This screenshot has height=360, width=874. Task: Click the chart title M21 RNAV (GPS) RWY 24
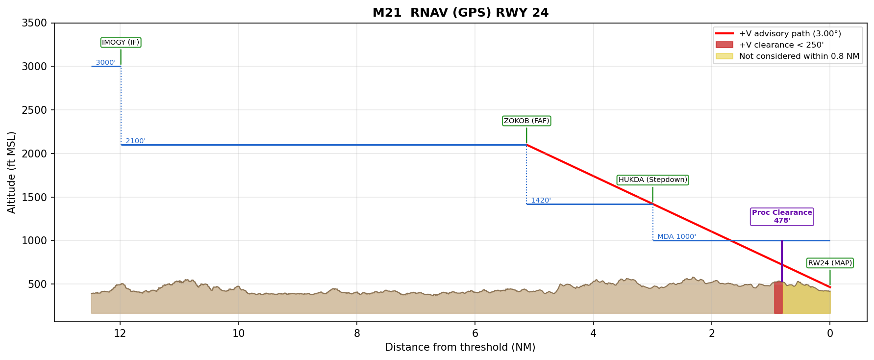point(460,13)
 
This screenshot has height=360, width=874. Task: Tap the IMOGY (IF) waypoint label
point(121,43)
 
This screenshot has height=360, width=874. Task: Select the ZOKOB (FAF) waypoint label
point(526,121)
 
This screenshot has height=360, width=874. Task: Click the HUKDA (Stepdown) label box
point(652,180)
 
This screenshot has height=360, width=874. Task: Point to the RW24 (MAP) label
point(830,263)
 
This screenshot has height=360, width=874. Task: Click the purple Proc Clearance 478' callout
point(782,216)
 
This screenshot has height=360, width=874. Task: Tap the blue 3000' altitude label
point(105,63)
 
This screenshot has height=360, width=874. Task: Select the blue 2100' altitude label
point(135,141)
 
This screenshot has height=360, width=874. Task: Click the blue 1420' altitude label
point(541,201)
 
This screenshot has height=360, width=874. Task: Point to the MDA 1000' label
point(676,237)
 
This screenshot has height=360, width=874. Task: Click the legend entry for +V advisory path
point(790,34)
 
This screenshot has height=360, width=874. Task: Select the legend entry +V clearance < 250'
point(781,45)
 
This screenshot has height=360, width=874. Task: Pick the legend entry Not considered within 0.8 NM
point(799,56)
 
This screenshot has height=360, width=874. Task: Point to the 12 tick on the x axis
point(120,334)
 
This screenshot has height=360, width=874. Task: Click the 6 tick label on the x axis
point(475,334)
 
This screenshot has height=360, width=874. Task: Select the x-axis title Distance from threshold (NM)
point(460,348)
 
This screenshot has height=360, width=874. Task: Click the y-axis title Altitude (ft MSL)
point(12,172)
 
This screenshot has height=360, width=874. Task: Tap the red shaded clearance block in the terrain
point(778,298)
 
